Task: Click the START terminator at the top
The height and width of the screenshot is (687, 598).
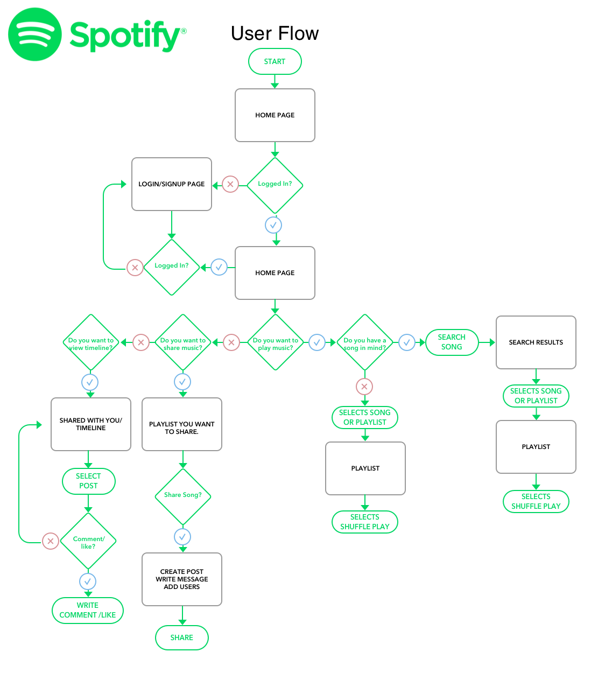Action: (275, 61)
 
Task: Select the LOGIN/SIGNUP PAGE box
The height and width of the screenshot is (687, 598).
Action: (172, 184)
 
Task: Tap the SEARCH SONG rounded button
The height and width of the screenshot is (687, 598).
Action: (452, 342)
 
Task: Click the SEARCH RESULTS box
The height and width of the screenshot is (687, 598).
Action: (536, 342)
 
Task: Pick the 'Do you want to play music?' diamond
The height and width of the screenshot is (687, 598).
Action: (275, 343)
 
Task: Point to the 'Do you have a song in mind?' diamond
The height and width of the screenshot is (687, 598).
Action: (365, 343)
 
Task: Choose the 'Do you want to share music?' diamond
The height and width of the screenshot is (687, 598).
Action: (182, 343)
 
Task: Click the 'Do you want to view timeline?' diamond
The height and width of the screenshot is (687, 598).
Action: (91, 343)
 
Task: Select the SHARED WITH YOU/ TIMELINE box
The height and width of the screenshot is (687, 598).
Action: (91, 424)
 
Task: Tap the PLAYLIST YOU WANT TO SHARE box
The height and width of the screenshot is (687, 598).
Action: (182, 424)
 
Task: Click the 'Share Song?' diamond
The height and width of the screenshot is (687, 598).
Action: (182, 495)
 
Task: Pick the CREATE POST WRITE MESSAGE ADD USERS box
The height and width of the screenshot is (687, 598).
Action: (182, 579)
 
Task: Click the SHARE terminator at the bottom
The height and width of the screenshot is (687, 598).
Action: (181, 637)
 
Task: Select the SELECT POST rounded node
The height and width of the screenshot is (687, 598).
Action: (88, 481)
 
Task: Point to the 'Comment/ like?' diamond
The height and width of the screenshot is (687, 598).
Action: (88, 542)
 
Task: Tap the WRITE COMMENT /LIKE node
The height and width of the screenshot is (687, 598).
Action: (88, 611)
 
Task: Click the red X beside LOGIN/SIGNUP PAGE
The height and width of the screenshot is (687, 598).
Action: (230, 185)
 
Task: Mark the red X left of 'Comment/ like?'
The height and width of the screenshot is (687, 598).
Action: (51, 541)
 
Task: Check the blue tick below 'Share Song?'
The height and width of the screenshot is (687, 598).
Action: (182, 537)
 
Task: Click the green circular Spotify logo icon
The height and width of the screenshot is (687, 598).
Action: (34, 34)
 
